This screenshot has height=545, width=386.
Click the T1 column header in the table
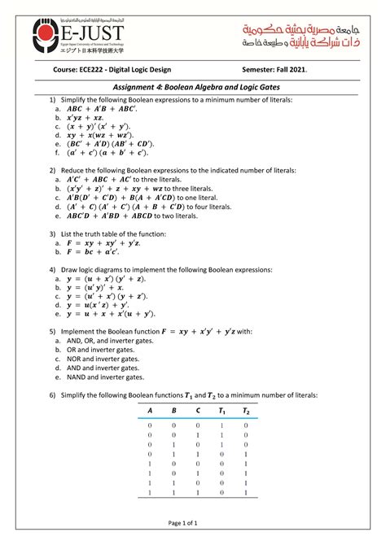pos(222,412)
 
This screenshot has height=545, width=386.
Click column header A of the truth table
pos(150,412)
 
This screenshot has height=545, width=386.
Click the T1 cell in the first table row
pos(222,425)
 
